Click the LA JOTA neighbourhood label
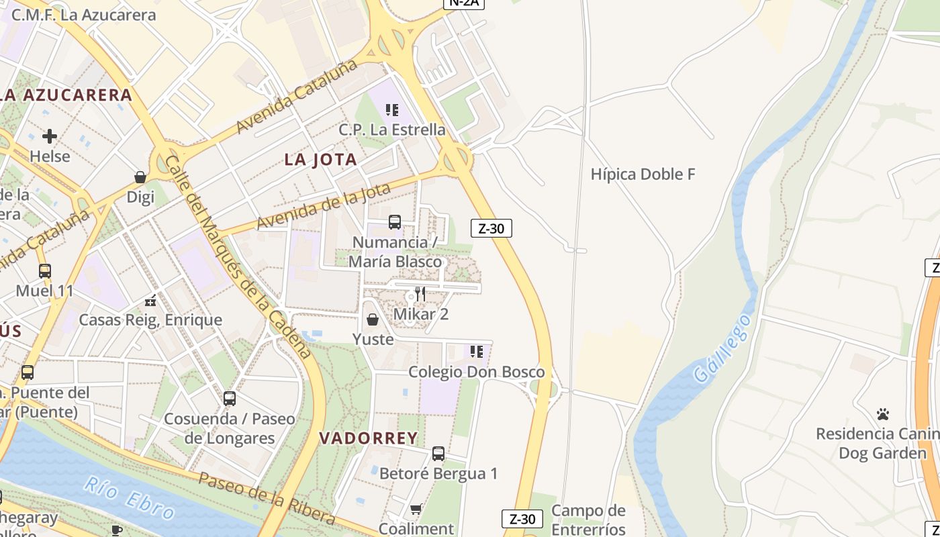320,160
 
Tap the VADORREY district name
368,438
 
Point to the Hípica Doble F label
643,175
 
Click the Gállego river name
722,348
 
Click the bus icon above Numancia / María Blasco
395,222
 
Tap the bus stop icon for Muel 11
45,271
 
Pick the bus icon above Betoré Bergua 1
438,454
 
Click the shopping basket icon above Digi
140,177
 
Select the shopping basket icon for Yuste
373,320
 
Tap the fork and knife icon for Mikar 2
420,293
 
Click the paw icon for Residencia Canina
883,414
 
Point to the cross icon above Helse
50,136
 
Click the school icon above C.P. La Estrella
392,109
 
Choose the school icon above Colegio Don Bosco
477,351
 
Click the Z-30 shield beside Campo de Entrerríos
522,519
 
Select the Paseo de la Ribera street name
267,497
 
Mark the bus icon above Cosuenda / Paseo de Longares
230,399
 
